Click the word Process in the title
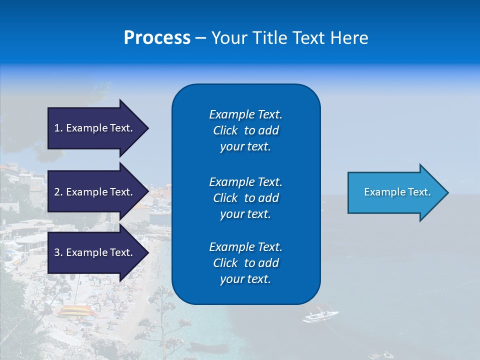point(157,38)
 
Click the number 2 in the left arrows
point(57,192)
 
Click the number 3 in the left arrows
point(57,252)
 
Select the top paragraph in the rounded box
point(245,130)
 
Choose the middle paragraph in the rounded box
point(245,198)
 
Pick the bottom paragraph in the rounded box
point(245,263)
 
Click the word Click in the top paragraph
point(225,130)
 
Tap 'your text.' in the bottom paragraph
point(245,279)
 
